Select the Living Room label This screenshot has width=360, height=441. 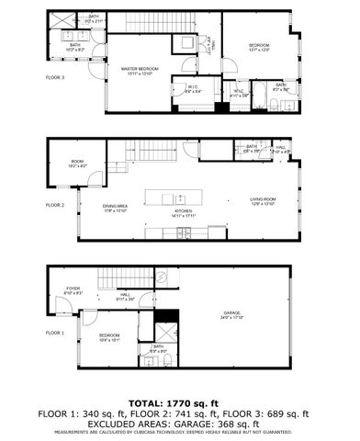264,200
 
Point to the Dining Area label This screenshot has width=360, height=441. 115,209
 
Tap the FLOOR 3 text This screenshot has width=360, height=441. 55,78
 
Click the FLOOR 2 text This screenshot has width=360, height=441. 55,205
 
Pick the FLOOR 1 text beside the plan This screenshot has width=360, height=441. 55,332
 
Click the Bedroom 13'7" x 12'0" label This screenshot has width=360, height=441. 258,48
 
